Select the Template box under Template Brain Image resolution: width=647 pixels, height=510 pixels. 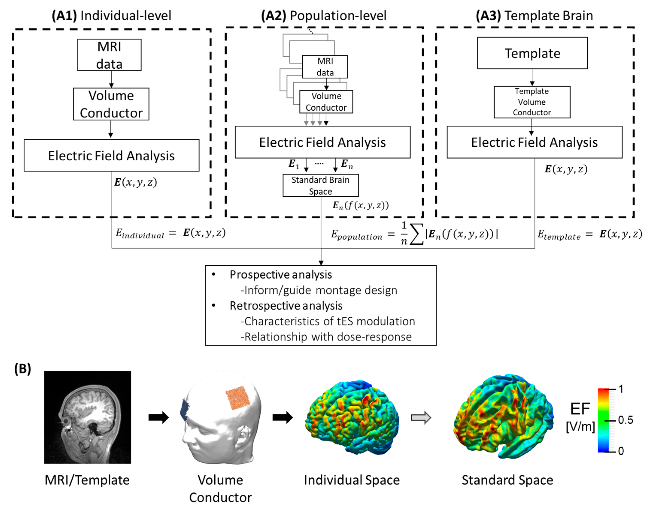click(x=532, y=53)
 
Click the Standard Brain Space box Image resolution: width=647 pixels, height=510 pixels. click(x=320, y=185)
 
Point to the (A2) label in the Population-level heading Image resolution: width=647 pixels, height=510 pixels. click(x=273, y=15)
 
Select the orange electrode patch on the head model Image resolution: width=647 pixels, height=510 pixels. click(x=238, y=398)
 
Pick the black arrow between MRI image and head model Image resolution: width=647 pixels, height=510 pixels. click(x=159, y=417)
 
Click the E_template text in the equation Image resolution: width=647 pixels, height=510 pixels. click(x=559, y=235)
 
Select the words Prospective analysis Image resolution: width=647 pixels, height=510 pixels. click(x=281, y=275)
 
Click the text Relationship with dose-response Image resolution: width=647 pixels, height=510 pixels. click(x=328, y=337)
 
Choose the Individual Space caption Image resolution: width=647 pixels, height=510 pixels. click(x=352, y=480)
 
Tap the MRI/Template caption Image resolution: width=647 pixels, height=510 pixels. click(x=87, y=480)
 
